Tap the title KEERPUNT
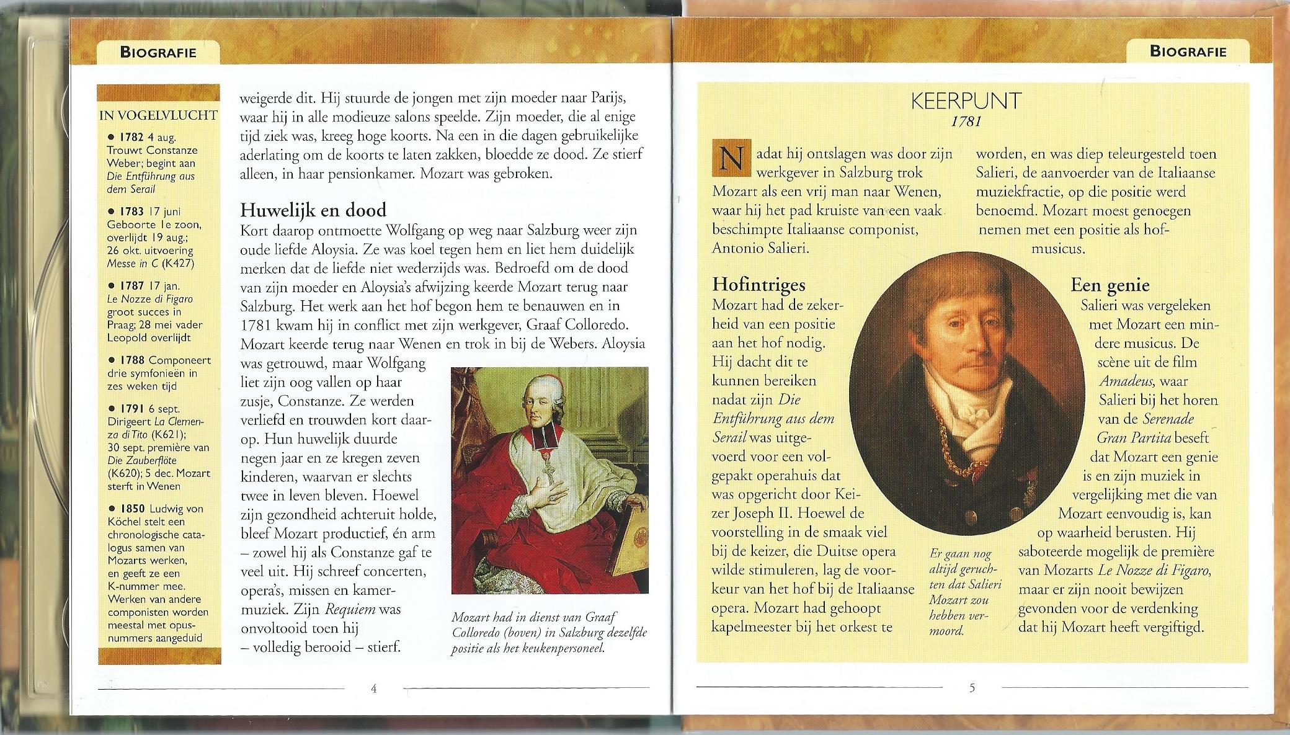coord(966,101)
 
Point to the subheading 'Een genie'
coord(1110,285)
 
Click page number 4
coord(373,687)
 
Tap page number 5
coord(972,687)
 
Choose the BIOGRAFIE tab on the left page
coord(158,52)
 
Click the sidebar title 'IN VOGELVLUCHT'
coord(158,115)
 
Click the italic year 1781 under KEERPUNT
coord(966,121)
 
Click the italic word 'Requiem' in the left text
coord(350,609)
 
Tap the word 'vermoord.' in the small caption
coord(946,631)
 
